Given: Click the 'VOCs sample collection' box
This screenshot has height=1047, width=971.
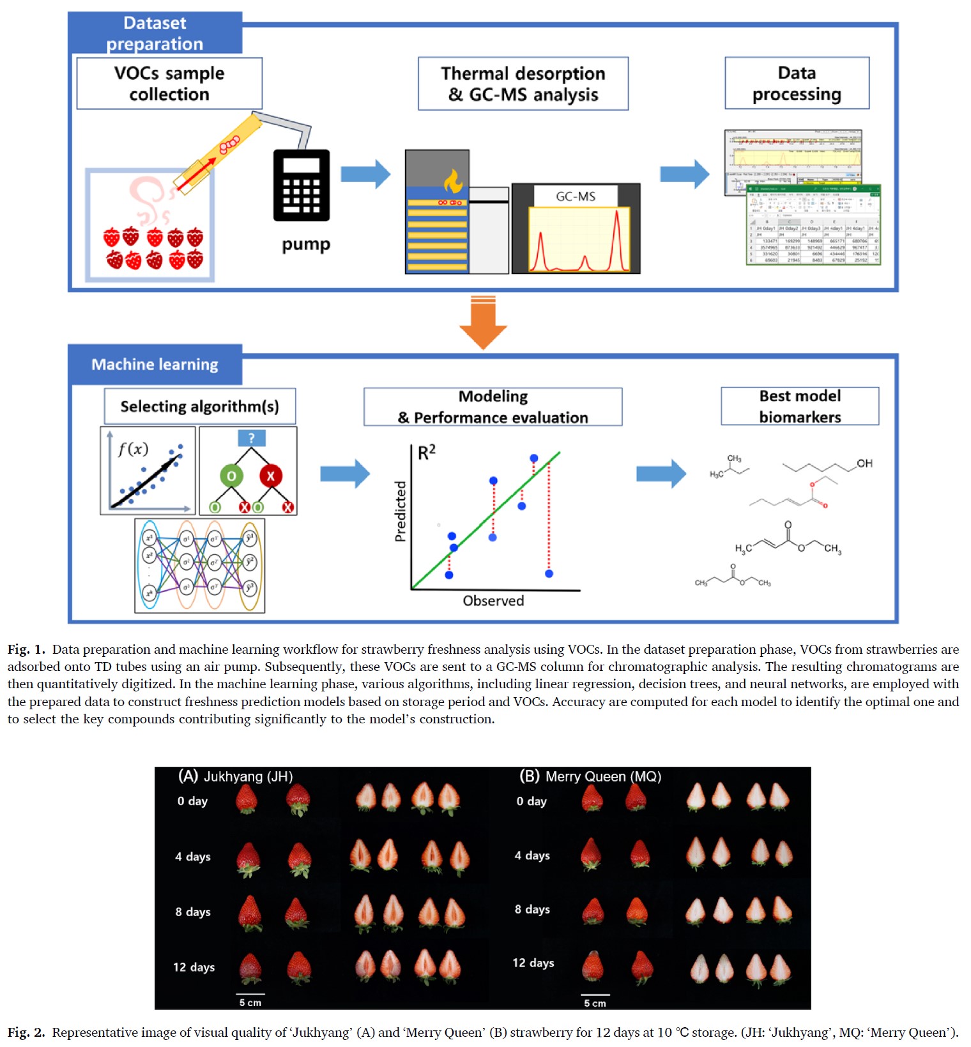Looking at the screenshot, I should [169, 84].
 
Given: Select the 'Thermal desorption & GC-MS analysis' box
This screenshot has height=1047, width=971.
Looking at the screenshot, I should [523, 84].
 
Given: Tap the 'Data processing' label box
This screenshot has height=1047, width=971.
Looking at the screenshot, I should [797, 84].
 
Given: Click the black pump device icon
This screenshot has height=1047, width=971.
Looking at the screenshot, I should [302, 185].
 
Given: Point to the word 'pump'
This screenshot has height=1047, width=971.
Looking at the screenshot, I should [306, 245].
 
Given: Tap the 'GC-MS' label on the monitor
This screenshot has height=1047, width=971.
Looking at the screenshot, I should [575, 197].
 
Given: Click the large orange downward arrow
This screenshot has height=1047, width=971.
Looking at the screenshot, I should [483, 322].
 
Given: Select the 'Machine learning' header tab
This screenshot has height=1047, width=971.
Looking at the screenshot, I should [155, 365].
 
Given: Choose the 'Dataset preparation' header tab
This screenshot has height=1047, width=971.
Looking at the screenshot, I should [155, 33].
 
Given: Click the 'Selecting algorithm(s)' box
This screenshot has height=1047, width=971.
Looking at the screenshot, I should [199, 407].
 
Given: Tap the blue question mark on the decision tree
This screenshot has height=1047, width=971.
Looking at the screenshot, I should [251, 438].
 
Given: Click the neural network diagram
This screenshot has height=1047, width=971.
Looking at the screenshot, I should [199, 566].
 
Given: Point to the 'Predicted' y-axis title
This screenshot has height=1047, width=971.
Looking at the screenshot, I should [401, 511].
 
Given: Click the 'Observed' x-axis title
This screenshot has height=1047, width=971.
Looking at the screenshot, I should [493, 601].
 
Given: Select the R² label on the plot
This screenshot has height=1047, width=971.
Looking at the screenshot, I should [426, 453].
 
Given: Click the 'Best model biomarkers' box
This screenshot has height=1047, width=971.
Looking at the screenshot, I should [800, 406].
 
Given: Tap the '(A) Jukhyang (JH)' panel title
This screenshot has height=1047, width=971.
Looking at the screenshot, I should [235, 776].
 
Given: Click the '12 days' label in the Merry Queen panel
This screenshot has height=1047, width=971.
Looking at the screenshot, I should [533, 963].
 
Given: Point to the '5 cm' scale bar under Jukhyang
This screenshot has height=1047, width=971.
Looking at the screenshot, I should [250, 999].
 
